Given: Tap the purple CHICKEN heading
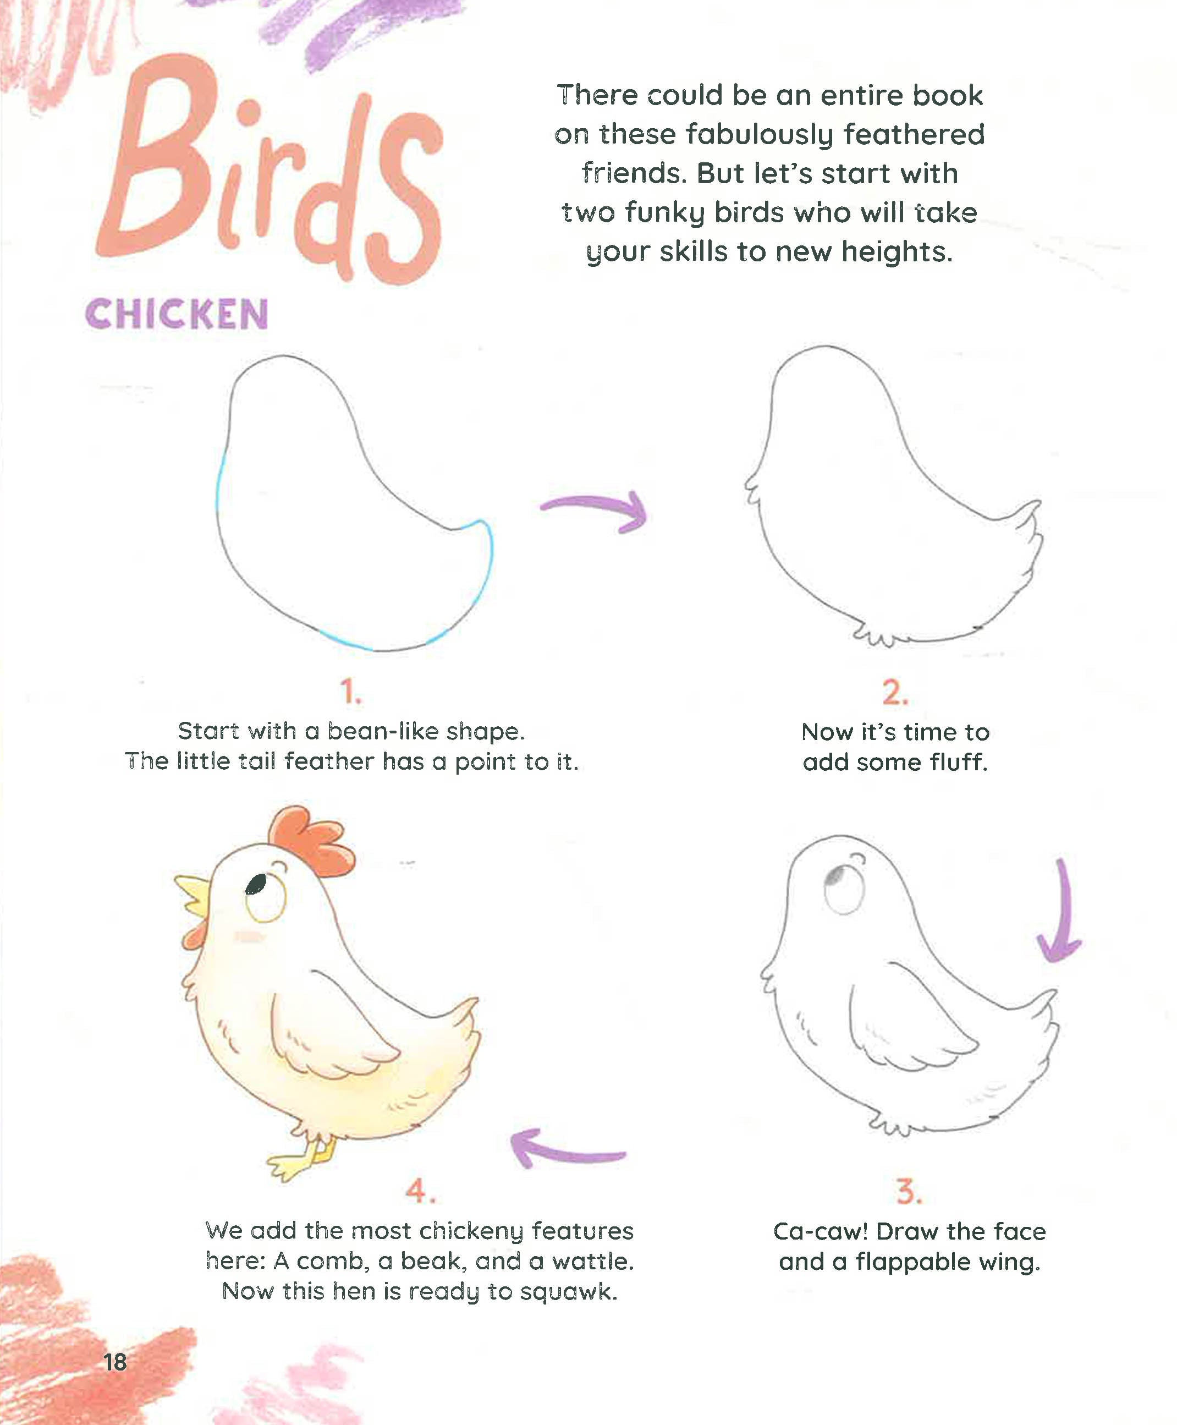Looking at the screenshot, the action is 177,315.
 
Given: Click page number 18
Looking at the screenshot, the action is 116,1362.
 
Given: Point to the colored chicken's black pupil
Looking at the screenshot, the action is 256,884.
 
